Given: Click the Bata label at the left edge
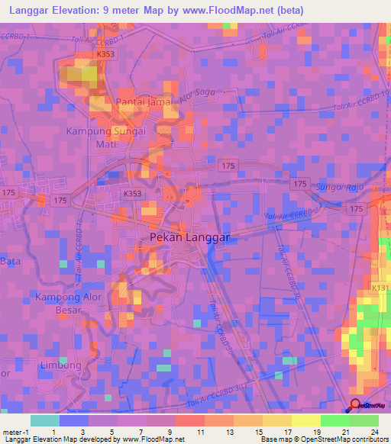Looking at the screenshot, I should tap(10, 261).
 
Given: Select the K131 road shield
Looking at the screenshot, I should tap(380, 288).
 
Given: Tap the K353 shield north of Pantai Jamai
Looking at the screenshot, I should tap(107, 55).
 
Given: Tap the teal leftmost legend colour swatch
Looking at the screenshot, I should tap(44, 420).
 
